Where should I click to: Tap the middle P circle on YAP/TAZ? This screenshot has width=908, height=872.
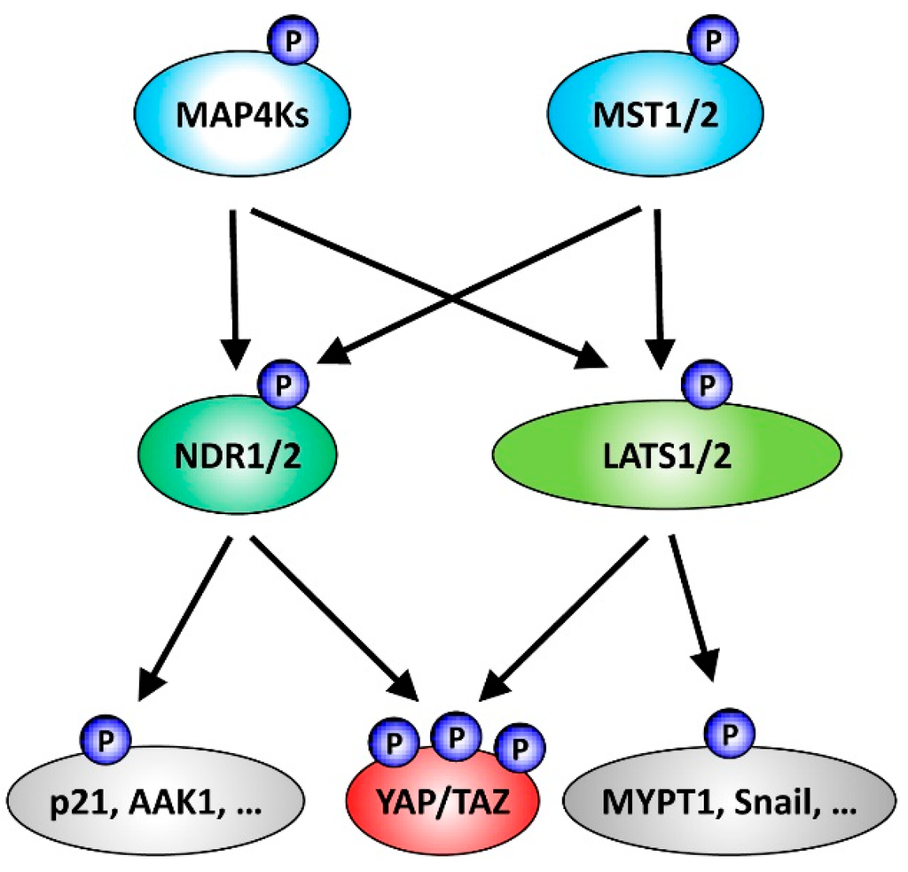click(x=454, y=736)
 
